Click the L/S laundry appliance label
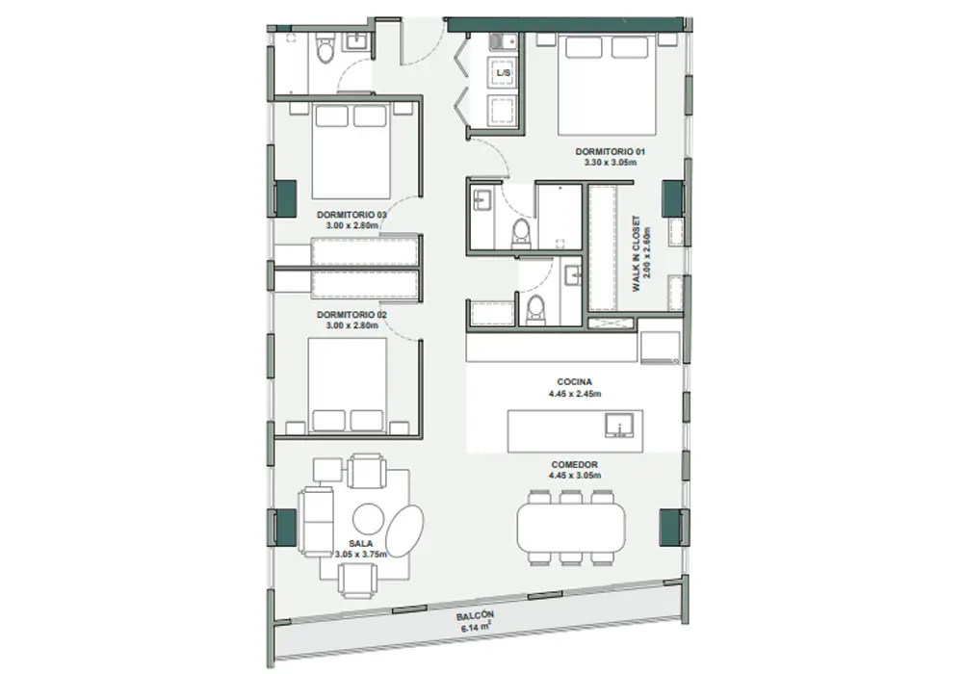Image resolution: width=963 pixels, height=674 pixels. point(503,73)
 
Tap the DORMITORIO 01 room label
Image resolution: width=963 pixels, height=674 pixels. point(610,151)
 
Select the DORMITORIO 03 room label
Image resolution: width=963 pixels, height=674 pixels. point(351,215)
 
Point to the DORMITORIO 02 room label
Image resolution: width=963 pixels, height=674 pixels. point(351,315)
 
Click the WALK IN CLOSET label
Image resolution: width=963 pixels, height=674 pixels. point(637,253)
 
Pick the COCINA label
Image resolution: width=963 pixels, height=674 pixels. point(574,382)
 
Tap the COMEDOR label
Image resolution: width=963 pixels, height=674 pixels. point(574,465)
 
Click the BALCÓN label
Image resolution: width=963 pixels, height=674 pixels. point(475,616)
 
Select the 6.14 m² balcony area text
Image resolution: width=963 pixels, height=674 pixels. point(476,628)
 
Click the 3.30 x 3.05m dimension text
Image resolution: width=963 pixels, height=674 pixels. point(610,163)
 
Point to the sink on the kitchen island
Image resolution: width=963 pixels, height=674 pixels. point(618,425)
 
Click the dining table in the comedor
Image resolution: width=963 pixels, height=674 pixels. point(571,528)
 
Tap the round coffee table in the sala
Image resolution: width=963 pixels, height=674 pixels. point(369,519)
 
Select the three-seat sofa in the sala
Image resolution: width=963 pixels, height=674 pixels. point(316,522)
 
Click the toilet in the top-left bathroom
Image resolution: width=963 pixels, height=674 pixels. point(325,49)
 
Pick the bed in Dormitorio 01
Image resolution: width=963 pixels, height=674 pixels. point(607,84)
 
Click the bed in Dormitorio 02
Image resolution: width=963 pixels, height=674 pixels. point(347,384)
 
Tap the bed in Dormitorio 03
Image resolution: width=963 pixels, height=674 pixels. point(351,150)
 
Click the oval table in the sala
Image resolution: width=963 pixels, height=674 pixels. point(404,531)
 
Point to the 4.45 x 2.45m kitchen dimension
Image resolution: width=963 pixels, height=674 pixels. point(574,394)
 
